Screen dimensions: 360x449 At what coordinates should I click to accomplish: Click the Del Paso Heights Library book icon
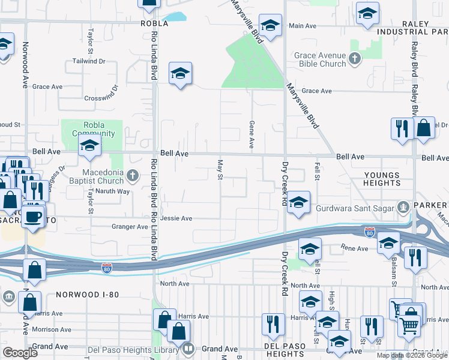pos(188,348)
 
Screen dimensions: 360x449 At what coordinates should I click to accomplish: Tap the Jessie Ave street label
pos(176,218)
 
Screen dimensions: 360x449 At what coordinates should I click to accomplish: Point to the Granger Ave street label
pos(130,227)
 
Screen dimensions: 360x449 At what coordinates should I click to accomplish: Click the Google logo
pos(20,353)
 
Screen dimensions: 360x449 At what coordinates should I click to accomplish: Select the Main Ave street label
pos(302,26)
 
